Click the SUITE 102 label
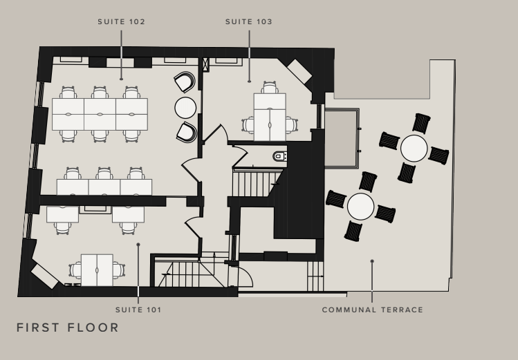click(x=121, y=22)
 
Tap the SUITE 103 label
click(x=249, y=22)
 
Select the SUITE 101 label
click(x=138, y=310)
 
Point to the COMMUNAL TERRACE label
click(x=372, y=310)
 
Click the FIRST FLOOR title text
click(x=68, y=328)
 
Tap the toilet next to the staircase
click(x=280, y=155)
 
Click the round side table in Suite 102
click(x=185, y=108)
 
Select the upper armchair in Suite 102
click(x=185, y=82)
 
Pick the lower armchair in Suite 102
click(x=187, y=132)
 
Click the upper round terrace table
click(x=414, y=148)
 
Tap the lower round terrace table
click(x=361, y=207)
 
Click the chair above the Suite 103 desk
click(x=270, y=88)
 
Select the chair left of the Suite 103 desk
click(x=248, y=125)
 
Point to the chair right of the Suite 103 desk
click(x=292, y=125)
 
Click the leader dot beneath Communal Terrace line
click(x=372, y=261)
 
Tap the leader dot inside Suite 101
click(x=138, y=245)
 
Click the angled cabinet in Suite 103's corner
click(x=299, y=72)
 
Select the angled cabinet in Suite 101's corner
click(x=44, y=277)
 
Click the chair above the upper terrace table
click(x=421, y=123)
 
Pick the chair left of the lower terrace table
click(x=336, y=199)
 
